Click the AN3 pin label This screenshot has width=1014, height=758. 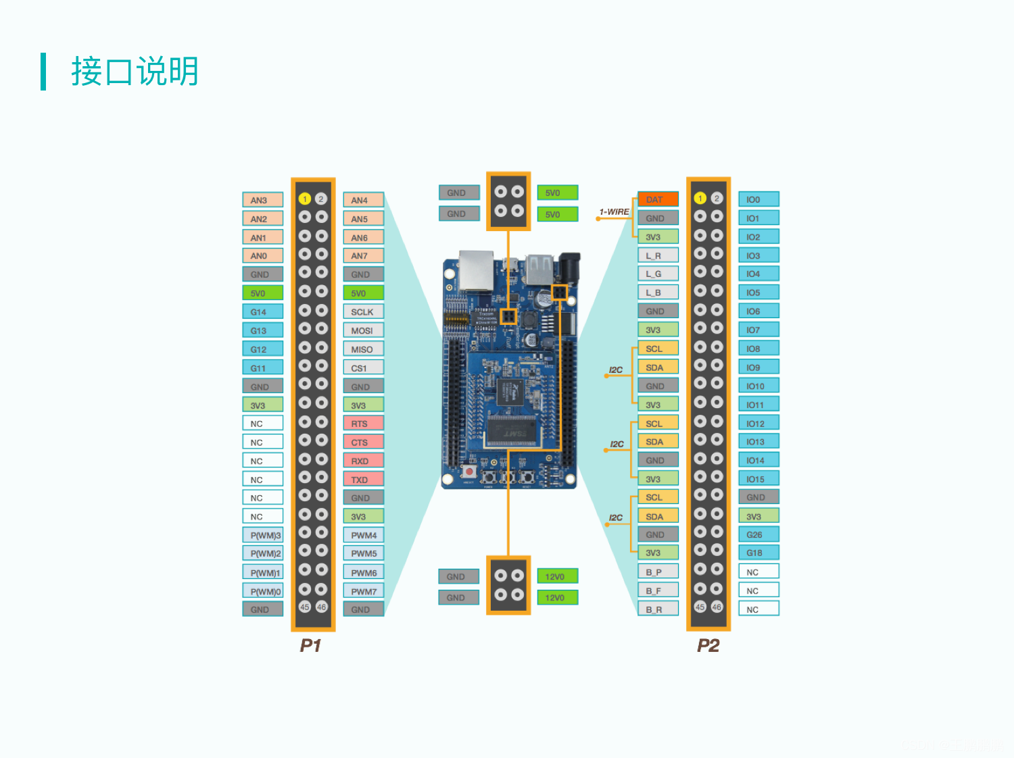point(262,200)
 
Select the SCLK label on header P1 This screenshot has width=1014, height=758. point(363,311)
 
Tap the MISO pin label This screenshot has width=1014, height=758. point(363,349)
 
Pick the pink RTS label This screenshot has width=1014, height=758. point(363,424)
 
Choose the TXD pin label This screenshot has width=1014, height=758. point(363,480)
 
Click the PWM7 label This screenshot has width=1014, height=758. point(363,591)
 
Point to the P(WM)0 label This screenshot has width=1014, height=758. point(263,591)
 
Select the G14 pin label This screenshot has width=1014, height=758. point(262,311)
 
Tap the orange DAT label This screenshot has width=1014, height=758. point(658,199)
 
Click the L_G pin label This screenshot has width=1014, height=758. point(658,274)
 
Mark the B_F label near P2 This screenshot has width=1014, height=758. point(658,590)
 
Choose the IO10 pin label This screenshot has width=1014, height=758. point(758,386)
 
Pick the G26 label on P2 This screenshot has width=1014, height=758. point(758,534)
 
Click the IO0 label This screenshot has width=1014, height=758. point(758,199)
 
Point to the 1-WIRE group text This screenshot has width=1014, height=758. point(614,211)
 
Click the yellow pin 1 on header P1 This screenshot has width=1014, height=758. point(305,199)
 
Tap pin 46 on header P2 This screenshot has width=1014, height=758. point(717,607)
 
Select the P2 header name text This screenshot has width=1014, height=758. point(708,645)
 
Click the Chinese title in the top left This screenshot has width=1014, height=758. point(135,71)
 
